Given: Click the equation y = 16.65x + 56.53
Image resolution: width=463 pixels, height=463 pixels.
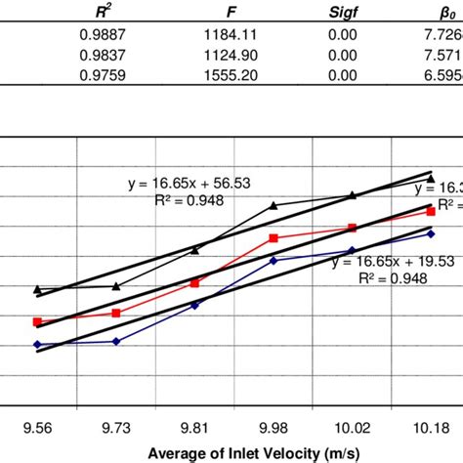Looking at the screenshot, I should tap(185, 184).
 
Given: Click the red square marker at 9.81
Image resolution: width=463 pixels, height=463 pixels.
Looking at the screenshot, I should tap(194, 282).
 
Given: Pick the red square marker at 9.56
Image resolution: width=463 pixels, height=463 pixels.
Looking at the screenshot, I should tap(38, 321).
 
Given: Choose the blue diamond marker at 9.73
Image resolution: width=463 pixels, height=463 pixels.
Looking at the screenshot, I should tap(116, 341).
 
